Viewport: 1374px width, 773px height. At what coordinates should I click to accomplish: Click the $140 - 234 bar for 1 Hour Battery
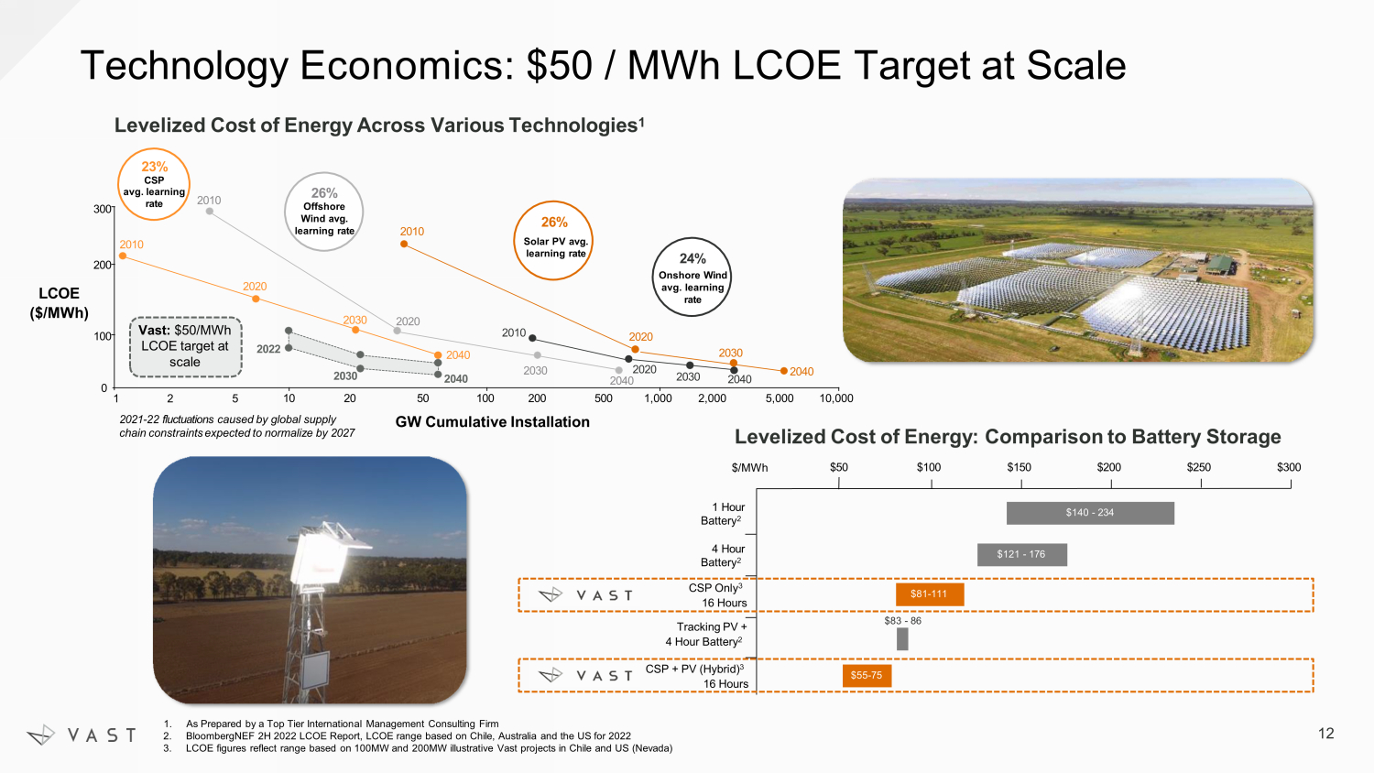tap(1090, 513)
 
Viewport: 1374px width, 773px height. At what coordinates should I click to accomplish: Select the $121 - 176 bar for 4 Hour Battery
tap(1022, 555)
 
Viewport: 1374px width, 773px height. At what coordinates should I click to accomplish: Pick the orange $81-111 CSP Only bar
tap(930, 594)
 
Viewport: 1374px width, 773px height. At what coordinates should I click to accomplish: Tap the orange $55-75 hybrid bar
tap(867, 675)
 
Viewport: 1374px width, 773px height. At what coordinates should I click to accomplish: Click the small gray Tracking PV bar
tap(902, 639)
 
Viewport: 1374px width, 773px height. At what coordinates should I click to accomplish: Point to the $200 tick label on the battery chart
tap(1109, 467)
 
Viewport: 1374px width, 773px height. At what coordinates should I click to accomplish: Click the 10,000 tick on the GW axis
tap(836, 398)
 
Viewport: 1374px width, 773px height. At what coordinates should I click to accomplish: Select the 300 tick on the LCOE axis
tap(102, 209)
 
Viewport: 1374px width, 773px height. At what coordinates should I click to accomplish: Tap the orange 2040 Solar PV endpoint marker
tap(783, 371)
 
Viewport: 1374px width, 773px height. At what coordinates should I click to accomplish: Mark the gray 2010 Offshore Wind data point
tap(210, 211)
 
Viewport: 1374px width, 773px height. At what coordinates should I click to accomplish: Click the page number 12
tap(1326, 734)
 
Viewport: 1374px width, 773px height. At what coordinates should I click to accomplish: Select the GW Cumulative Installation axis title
tap(493, 422)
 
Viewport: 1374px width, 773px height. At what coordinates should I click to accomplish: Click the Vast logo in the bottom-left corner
tap(82, 735)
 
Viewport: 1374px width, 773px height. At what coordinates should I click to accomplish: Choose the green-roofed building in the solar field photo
tap(1220, 265)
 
